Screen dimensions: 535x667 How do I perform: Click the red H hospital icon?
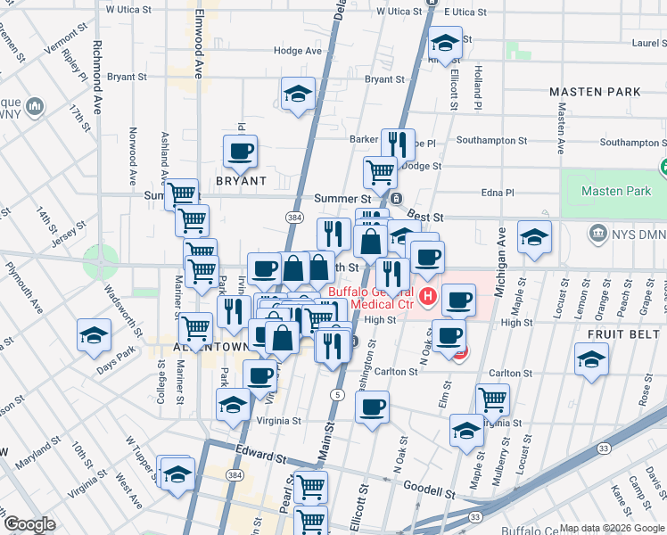click(428, 297)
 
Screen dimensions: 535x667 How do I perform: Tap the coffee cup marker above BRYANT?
click(240, 152)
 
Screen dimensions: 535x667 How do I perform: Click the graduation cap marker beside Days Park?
click(94, 336)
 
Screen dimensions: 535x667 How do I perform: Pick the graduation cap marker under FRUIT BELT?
click(591, 361)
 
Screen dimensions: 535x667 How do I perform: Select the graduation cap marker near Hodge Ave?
click(298, 94)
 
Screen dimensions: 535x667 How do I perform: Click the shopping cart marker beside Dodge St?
click(380, 171)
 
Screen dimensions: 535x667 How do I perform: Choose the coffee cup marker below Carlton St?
click(372, 408)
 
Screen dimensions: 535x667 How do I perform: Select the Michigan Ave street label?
click(500, 249)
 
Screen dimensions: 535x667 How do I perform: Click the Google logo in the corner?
click(29, 524)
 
